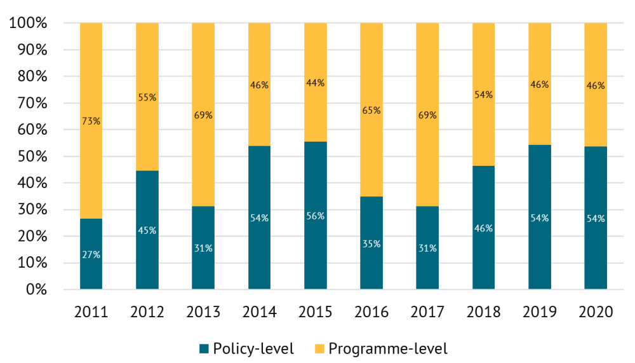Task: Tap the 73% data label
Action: pyautogui.click(x=91, y=121)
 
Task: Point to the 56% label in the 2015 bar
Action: pyautogui.click(x=315, y=216)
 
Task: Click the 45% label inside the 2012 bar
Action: pyautogui.click(x=147, y=230)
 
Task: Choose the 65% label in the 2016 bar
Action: pyautogui.click(x=371, y=110)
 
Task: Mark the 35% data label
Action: pyautogui.click(x=371, y=244)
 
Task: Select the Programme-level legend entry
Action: pyautogui.click(x=381, y=348)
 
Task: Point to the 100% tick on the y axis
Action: pyautogui.click(x=29, y=24)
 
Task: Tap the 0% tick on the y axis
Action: pyautogui.click(x=36, y=290)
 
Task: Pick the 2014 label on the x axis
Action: pyautogui.click(x=259, y=312)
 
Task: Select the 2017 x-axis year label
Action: pyautogui.click(x=427, y=312)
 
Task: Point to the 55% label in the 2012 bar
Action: pyautogui.click(x=147, y=97)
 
